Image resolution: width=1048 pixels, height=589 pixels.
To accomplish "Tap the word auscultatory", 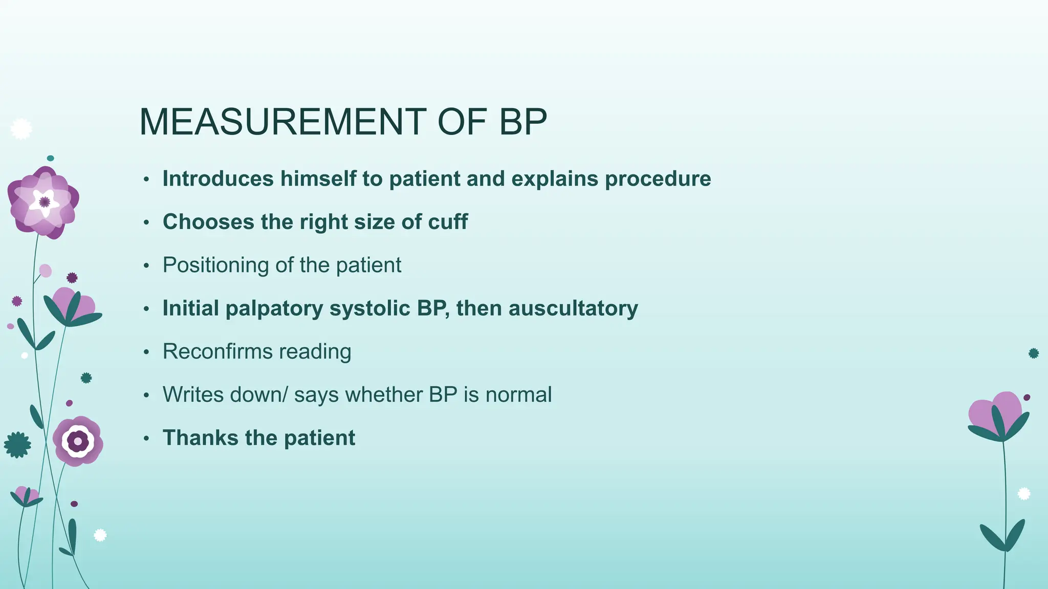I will [573, 308].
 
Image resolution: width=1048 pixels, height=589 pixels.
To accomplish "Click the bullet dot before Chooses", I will [146, 222].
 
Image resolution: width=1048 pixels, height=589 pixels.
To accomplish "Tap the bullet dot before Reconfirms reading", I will [146, 352].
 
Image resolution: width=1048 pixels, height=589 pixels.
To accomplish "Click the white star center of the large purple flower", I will [44, 202].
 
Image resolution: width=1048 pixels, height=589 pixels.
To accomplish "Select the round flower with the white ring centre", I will [78, 441].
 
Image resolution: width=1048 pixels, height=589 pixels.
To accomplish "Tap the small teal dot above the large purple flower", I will [50, 158].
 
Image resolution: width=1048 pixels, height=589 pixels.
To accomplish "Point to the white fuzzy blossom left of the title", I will [21, 129].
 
